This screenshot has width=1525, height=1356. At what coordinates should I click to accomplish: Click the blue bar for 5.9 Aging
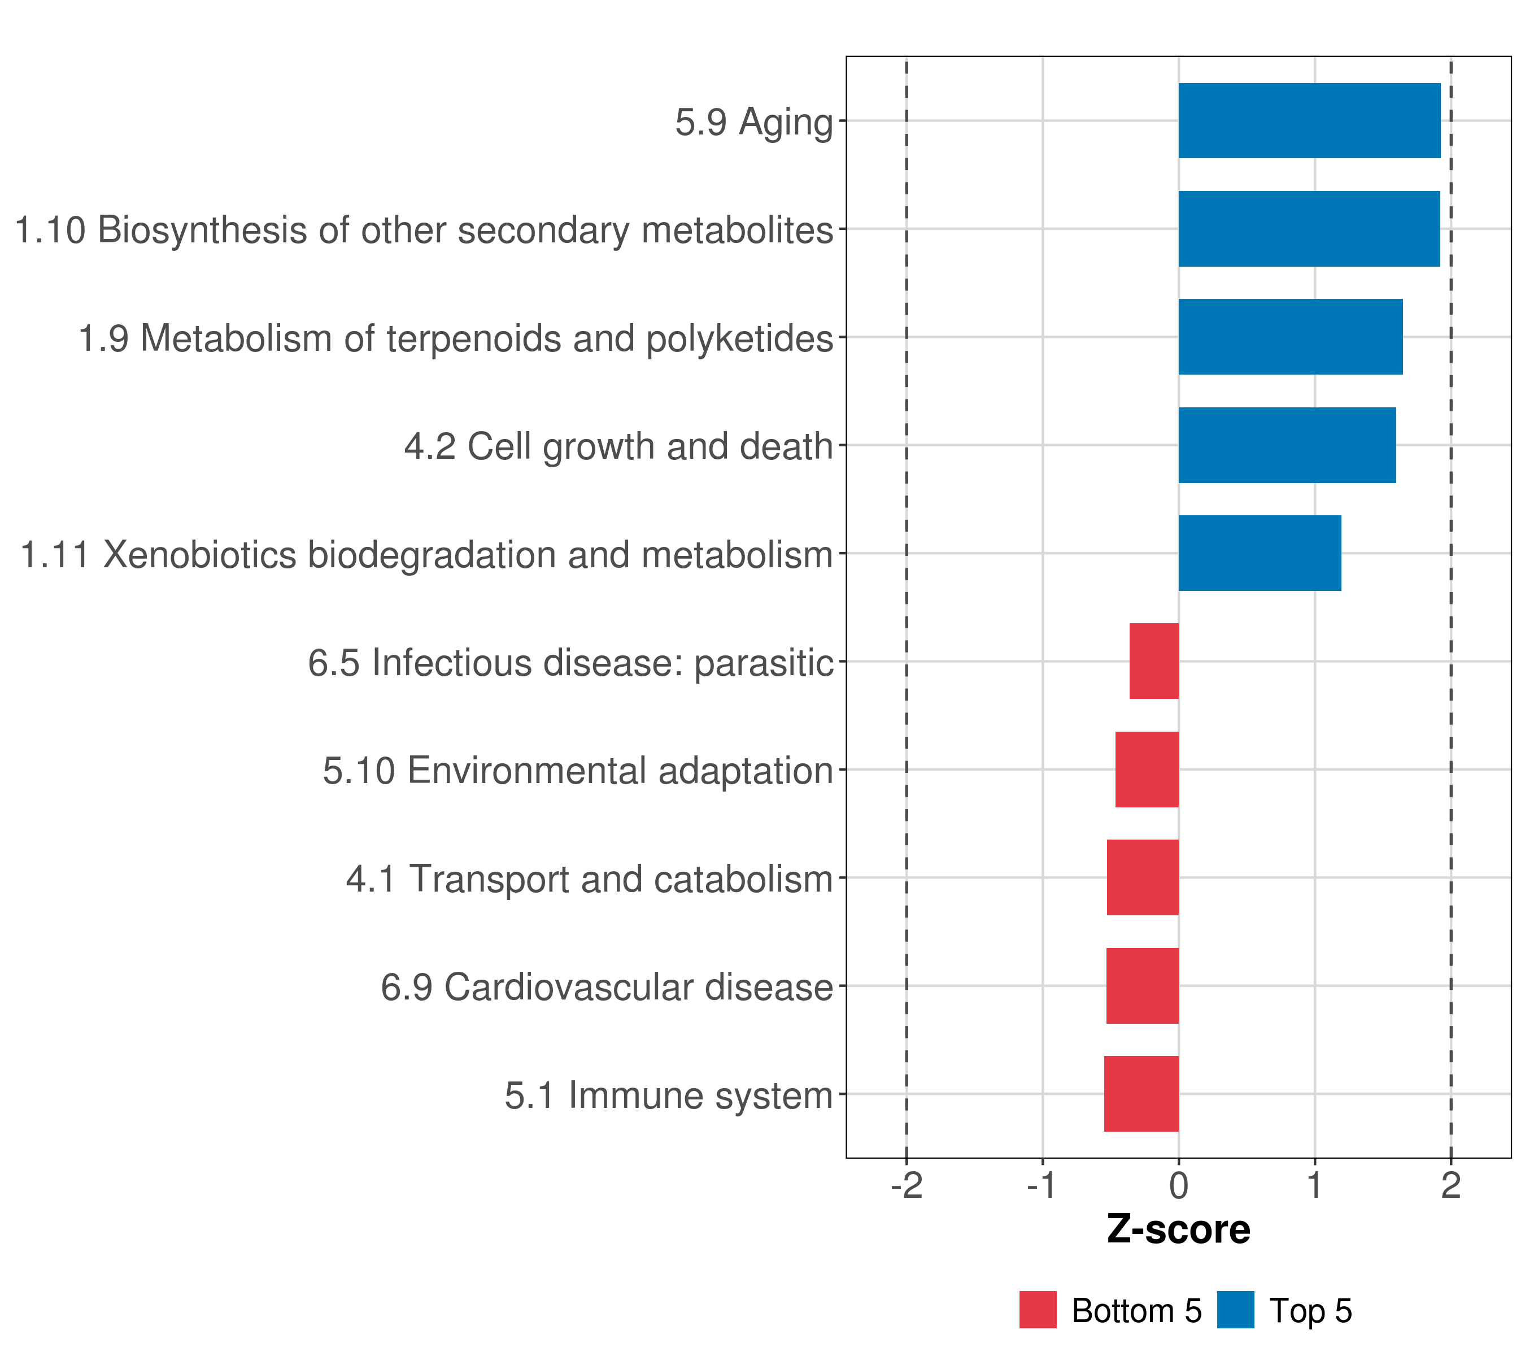click(x=1309, y=120)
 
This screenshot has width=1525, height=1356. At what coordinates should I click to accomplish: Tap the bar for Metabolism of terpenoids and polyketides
click(x=1290, y=337)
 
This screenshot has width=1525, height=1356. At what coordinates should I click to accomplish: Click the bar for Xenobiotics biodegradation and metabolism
click(x=1260, y=553)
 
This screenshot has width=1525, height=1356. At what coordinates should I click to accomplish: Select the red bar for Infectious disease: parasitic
click(x=1153, y=661)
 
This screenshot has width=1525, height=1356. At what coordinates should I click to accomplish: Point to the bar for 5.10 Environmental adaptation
click(x=1147, y=770)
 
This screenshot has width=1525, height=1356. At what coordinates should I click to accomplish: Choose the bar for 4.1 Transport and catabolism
click(x=1142, y=877)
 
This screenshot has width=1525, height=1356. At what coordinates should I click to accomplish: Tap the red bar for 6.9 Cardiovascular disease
click(x=1142, y=986)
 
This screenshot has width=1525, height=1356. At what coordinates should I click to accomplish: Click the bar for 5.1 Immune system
click(x=1141, y=1094)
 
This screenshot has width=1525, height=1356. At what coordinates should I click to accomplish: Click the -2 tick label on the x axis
click(x=907, y=1186)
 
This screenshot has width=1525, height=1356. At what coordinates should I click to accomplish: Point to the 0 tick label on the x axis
click(x=1178, y=1186)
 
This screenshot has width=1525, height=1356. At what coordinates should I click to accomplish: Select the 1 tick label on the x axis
click(x=1314, y=1186)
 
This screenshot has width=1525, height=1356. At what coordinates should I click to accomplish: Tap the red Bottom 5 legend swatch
click(x=1038, y=1310)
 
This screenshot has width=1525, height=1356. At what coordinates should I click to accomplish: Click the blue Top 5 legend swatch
click(x=1235, y=1310)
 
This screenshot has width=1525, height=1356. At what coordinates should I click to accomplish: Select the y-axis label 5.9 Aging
click(x=753, y=121)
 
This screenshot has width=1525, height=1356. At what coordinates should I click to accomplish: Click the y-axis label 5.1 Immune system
click(x=669, y=1096)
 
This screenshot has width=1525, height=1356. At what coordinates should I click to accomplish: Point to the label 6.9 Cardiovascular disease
click(x=607, y=987)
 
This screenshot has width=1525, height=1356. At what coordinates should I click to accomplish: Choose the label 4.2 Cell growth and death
click(x=618, y=446)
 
